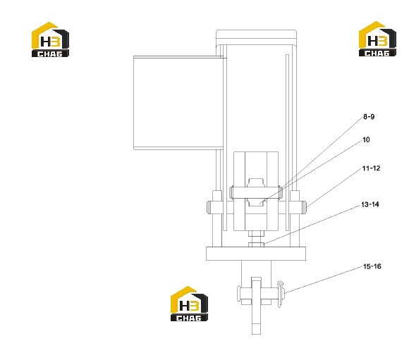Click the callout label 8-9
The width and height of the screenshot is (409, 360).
pyautogui.click(x=369, y=116)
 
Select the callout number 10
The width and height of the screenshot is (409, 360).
pyautogui.click(x=366, y=140)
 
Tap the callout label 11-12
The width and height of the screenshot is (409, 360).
pyautogui.click(x=371, y=168)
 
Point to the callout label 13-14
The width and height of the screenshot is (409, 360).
pyautogui.click(x=370, y=204)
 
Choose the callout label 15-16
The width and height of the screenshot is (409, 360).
pyautogui.click(x=372, y=266)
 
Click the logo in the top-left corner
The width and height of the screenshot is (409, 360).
pyautogui.click(x=50, y=39)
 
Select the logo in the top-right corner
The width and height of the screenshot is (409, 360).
pyautogui.click(x=377, y=39)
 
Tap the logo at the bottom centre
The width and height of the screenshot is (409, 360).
pyautogui.click(x=190, y=304)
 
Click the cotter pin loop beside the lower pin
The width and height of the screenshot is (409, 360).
pyautogui.click(x=280, y=294)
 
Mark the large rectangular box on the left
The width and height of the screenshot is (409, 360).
pyautogui.click(x=178, y=103)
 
